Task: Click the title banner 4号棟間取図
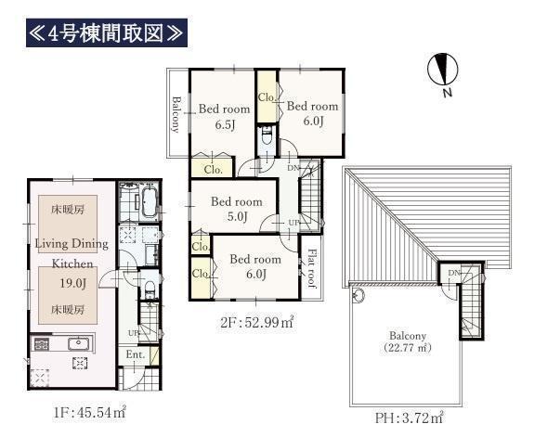[x=107, y=33]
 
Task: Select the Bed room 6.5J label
[x=224, y=117]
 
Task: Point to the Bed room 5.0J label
[x=237, y=209]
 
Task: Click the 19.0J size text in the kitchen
[x=72, y=283]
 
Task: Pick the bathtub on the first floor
[x=149, y=201]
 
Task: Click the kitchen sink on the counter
[x=79, y=343]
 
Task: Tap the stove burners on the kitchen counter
[x=41, y=344]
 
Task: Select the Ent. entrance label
[x=136, y=354]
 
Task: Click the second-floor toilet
[x=267, y=136]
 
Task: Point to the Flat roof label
[x=312, y=268]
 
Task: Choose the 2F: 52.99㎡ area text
[x=256, y=322]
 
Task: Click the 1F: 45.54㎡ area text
[x=89, y=413]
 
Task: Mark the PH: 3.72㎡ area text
[x=409, y=418]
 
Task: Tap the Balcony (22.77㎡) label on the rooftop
[x=408, y=341]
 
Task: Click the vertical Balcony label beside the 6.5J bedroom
[x=176, y=114]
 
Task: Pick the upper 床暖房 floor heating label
[x=68, y=210]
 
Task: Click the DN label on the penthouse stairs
[x=454, y=273]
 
